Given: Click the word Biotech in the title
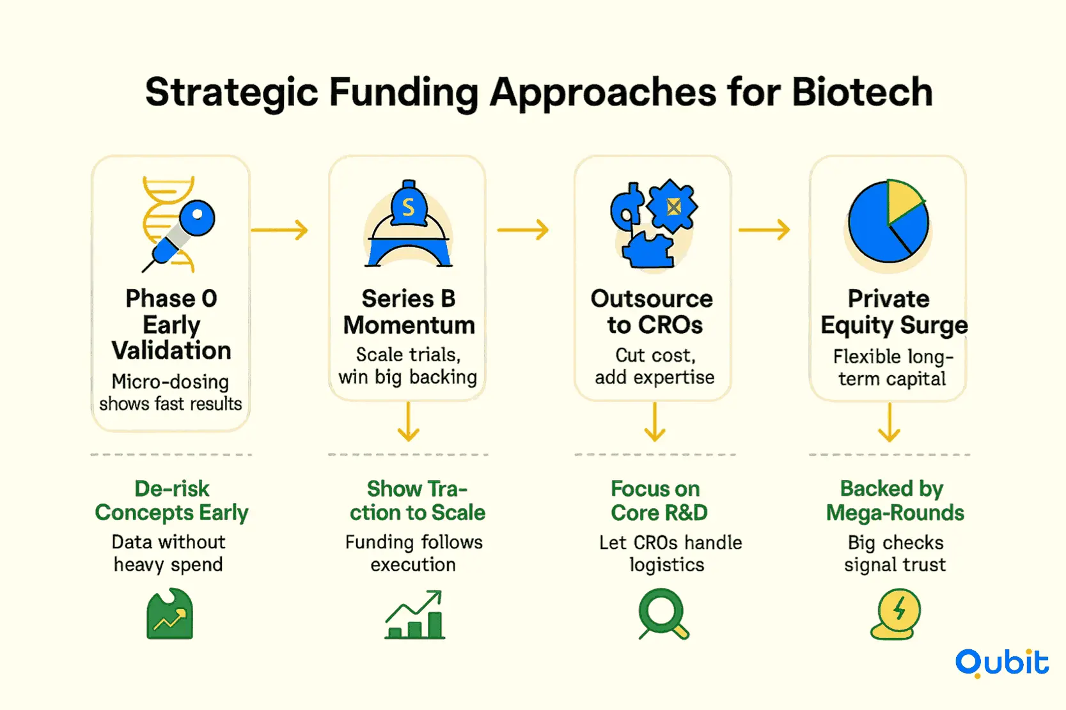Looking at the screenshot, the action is click(862, 92).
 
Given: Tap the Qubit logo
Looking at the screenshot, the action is click(1002, 663).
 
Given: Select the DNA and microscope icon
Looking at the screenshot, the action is click(178, 224).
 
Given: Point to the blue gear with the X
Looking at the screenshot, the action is click(672, 206).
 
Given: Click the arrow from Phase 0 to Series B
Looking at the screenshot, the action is click(279, 229).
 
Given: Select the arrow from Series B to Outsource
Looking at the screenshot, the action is click(522, 229).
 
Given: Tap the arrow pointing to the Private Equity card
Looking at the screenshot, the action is click(764, 229).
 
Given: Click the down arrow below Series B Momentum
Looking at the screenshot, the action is click(409, 422).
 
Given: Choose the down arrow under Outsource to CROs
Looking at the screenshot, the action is click(655, 422).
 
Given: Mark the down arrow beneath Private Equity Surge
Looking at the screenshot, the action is click(889, 422).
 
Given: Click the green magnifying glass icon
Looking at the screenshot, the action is click(663, 614).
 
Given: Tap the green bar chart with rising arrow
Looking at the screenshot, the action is click(415, 614).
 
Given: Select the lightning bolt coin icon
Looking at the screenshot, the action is click(896, 614).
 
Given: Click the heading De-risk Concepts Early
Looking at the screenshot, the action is click(171, 501).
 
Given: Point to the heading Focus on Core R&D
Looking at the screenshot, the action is click(659, 501).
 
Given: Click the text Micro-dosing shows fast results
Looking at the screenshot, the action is click(170, 393).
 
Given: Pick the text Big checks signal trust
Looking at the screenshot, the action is click(895, 553).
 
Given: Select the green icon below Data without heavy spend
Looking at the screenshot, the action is click(170, 614).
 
